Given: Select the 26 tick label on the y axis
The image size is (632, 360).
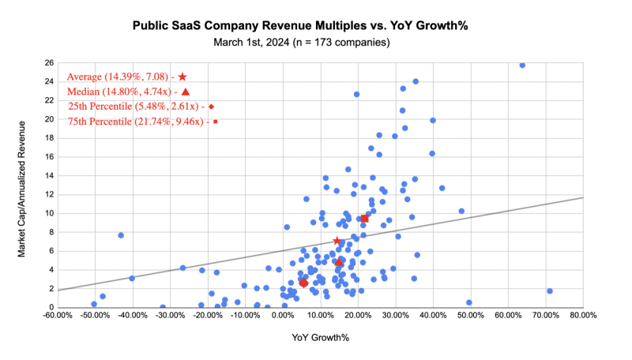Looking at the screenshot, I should coord(49,62).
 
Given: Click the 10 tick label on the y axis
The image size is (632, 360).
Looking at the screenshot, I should coord(49,213).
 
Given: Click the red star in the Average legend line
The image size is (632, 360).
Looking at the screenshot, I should coord(182,77).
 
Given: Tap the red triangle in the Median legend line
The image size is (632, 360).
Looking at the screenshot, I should coord(185,92).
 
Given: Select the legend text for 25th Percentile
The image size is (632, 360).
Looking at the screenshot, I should coord(135,107).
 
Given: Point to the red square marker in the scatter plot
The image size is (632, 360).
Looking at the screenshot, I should coord(364,218).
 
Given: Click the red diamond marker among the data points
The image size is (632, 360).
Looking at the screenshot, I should coord(303,283).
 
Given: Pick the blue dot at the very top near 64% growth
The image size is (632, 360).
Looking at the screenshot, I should coord(522,65).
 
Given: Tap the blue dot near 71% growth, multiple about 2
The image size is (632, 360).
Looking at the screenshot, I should coord(549,291).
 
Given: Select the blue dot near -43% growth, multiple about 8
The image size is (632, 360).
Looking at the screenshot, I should coord(121,235).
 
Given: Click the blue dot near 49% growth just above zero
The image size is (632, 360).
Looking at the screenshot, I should coord(468,302).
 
